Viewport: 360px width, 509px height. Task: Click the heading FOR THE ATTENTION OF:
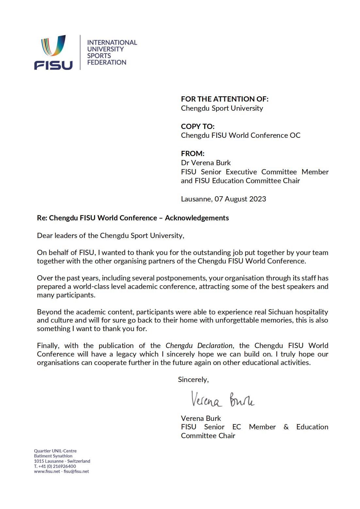(x=224, y=99)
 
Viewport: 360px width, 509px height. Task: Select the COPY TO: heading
(x=198, y=126)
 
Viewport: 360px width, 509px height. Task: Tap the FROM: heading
(x=192, y=153)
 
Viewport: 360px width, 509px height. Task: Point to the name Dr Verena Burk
(x=206, y=163)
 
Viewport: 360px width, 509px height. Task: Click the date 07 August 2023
(x=240, y=199)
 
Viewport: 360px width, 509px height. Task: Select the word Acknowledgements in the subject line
(x=197, y=218)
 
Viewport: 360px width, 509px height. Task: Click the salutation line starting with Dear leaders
(x=110, y=235)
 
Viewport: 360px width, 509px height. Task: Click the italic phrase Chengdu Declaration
(x=199, y=345)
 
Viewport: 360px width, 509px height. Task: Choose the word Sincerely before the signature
(x=193, y=379)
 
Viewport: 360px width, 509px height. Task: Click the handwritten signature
(x=222, y=399)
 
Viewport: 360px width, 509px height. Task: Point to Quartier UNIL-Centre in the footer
(x=55, y=451)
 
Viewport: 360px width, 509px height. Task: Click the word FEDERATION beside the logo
(x=106, y=62)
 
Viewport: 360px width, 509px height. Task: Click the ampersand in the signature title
(x=286, y=427)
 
